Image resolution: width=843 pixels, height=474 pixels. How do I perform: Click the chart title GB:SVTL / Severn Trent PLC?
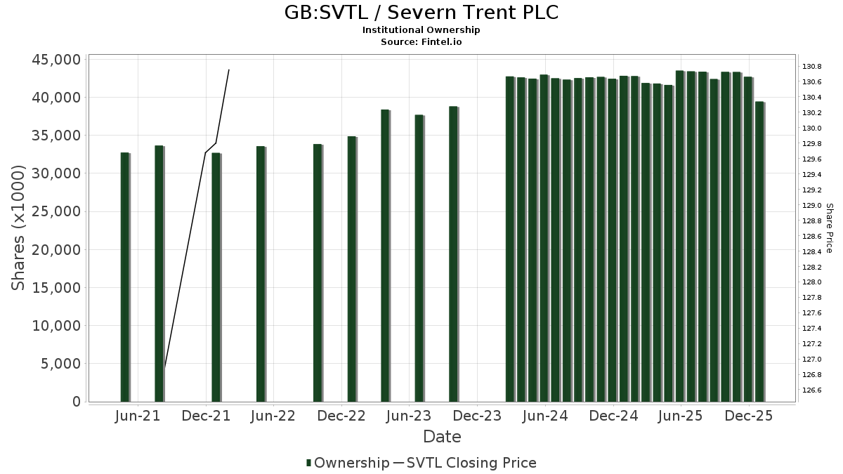click(421, 12)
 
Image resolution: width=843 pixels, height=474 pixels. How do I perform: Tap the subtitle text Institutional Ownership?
click(421, 30)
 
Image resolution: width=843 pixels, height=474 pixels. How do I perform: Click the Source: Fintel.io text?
click(421, 41)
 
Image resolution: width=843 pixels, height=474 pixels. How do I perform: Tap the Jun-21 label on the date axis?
click(137, 416)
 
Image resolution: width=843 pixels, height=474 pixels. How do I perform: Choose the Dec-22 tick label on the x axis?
click(341, 416)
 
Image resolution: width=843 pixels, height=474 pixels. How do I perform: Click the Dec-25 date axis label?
click(749, 416)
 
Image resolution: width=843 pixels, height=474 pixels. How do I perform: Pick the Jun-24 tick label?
click(545, 416)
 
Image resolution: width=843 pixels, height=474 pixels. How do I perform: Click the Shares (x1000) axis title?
click(19, 228)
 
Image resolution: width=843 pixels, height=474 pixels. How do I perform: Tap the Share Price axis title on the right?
click(829, 228)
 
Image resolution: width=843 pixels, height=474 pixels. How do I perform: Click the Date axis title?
click(442, 437)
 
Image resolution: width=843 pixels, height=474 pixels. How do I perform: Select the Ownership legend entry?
click(348, 463)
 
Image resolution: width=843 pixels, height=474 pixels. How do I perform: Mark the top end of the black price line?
click(229, 70)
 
